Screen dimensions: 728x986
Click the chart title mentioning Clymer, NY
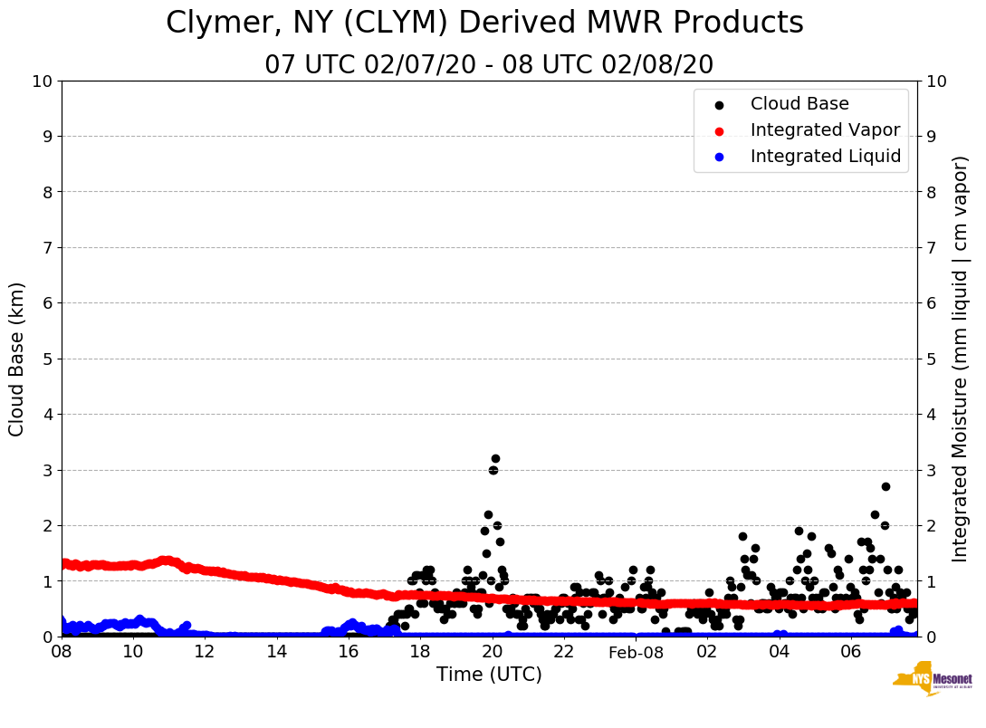pos(484,24)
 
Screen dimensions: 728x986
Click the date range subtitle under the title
pos(489,65)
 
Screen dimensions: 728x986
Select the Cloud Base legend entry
pos(799,104)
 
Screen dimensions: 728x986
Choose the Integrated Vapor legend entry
pos(825,130)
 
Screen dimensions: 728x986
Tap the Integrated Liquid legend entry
pos(825,157)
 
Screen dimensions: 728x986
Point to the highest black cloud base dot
pos(495,458)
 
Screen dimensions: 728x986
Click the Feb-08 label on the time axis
pos(636,653)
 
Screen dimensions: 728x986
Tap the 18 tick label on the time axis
pos(420,652)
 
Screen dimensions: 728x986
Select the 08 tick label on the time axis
pos(62,652)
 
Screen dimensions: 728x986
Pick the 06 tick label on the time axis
pos(850,652)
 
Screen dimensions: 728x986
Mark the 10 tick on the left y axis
pos(42,81)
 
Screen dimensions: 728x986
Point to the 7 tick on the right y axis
pos(931,247)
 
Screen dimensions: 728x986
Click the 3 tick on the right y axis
pos(931,470)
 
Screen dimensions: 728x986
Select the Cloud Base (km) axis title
pos(17,359)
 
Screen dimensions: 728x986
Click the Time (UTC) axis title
pos(489,675)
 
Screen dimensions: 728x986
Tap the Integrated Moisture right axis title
pos(962,359)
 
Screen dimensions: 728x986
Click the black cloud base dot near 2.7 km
pos(885,486)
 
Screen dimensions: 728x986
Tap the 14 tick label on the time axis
pos(277,652)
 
